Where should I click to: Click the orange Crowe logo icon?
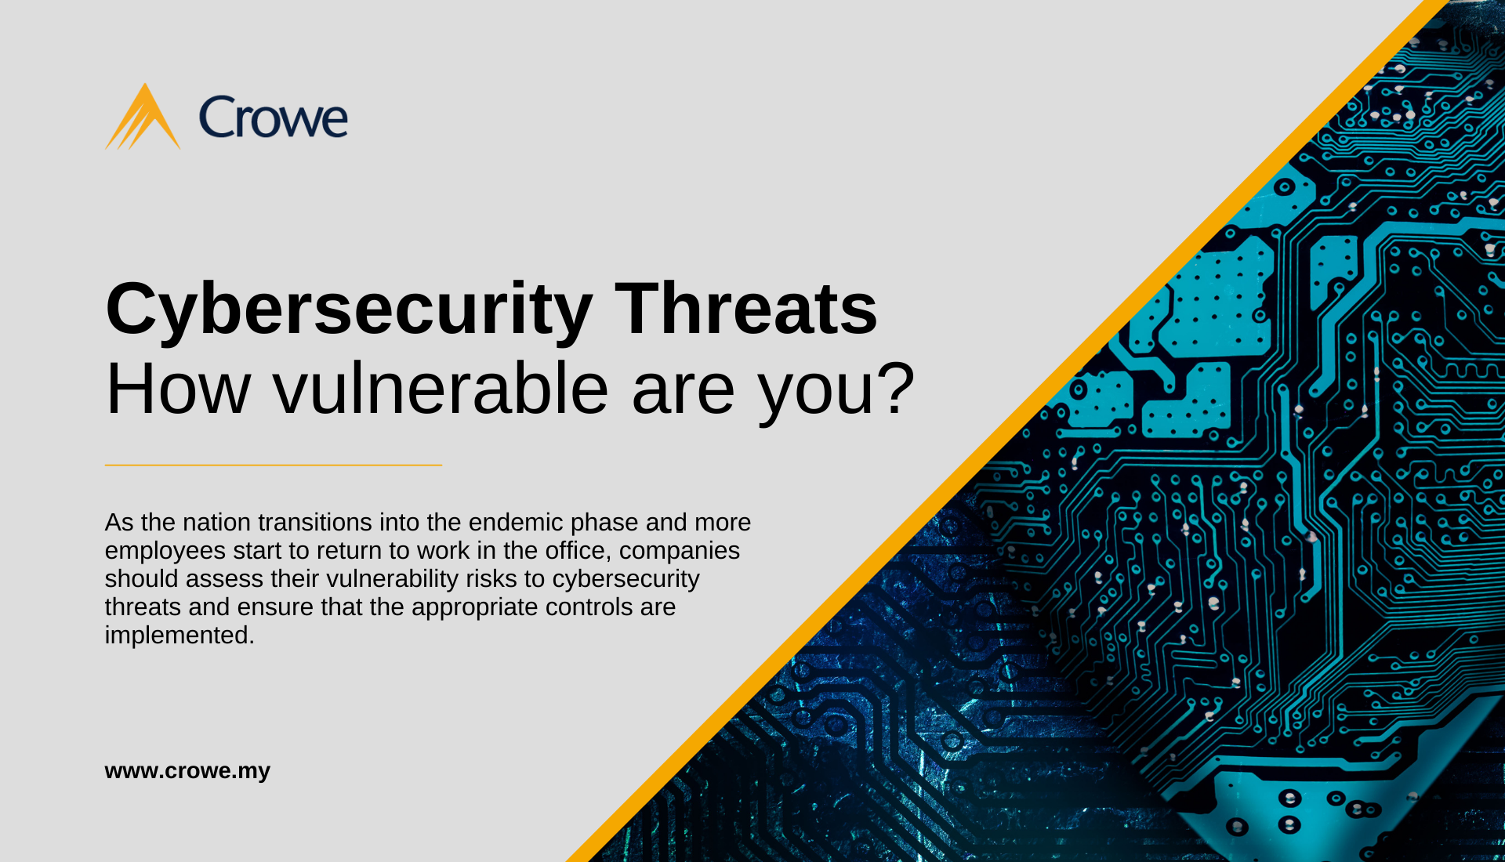pyautogui.click(x=143, y=118)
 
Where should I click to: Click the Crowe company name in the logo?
pyautogui.click(x=274, y=118)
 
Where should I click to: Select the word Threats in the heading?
pyautogui.click(x=745, y=309)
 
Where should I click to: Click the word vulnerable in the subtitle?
pyautogui.click(x=441, y=389)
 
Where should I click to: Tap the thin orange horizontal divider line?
pyautogui.click(x=274, y=465)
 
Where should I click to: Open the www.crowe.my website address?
pyautogui.click(x=187, y=771)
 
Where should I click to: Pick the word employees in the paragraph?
pyautogui.click(x=165, y=552)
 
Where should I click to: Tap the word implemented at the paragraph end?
pyautogui.click(x=180, y=636)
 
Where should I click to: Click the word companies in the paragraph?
pyautogui.click(x=680, y=552)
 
